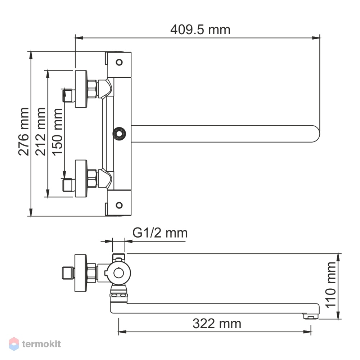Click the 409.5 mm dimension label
tap(200, 30)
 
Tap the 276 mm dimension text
tap(24, 131)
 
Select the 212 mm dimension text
tap(41, 131)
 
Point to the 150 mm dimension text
tap(57, 132)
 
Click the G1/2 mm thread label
tap(160, 233)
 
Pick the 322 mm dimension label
tap(217, 324)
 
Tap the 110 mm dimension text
tap(330, 285)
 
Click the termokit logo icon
tap(14, 344)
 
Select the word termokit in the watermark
tap(41, 344)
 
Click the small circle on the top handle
tap(119, 62)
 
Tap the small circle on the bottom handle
tap(119, 205)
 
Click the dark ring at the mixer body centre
tap(119, 134)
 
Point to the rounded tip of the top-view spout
tap(317, 134)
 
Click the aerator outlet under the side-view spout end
tap(311, 316)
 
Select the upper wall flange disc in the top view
tap(81, 89)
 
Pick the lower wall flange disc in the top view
tap(81, 179)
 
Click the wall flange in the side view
tap(81, 273)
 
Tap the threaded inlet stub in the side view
tap(68, 273)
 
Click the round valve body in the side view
tap(119, 273)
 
